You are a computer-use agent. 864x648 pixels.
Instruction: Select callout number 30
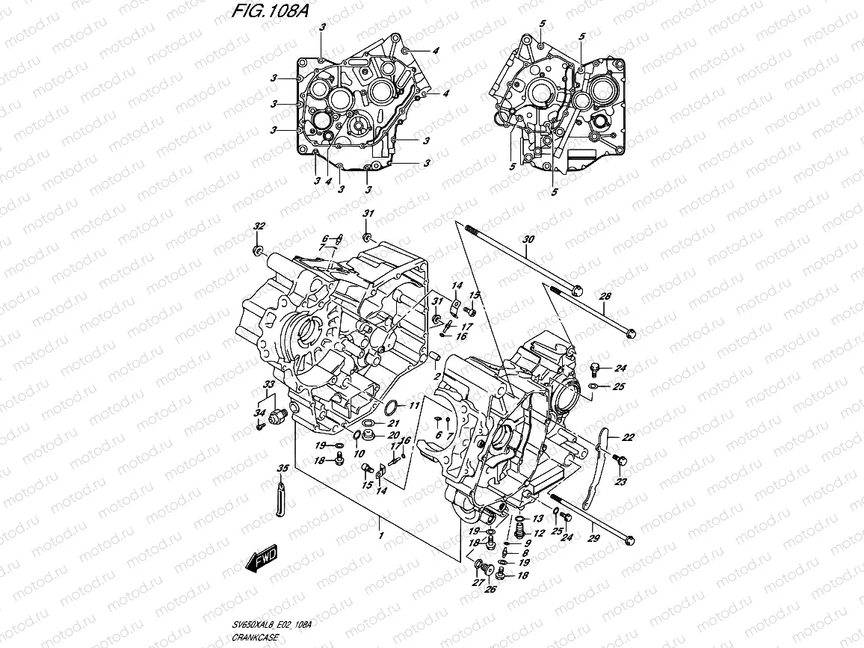[528, 240]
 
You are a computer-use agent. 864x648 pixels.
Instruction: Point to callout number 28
[605, 297]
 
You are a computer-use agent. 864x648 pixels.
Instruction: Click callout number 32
[259, 226]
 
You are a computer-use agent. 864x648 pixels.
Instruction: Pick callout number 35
[282, 469]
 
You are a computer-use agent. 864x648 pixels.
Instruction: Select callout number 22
[628, 438]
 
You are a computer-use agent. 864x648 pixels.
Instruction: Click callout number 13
[537, 519]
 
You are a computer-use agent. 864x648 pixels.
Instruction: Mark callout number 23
[620, 482]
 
